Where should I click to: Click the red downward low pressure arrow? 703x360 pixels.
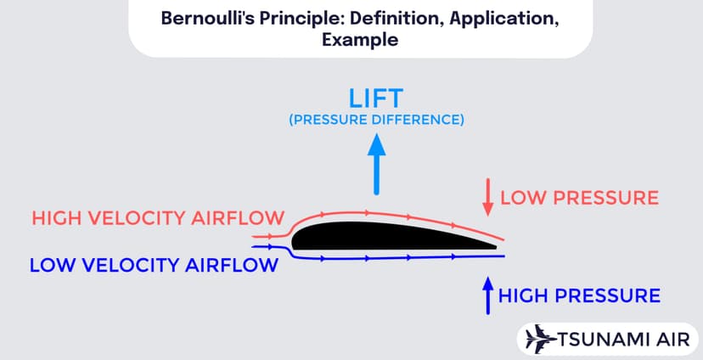pyautogui.click(x=487, y=197)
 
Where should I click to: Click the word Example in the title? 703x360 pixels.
pyautogui.click(x=351, y=41)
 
